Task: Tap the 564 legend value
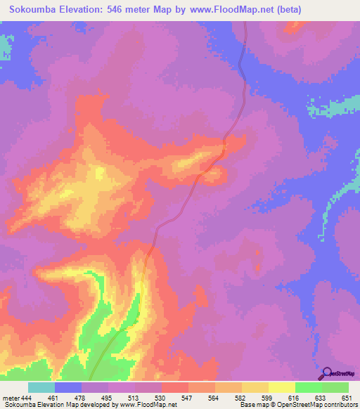click(214, 397)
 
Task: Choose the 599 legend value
click(267, 397)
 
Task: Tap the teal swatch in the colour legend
click(41, 387)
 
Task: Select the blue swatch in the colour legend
click(68, 387)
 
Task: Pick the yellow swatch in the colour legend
click(282, 387)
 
